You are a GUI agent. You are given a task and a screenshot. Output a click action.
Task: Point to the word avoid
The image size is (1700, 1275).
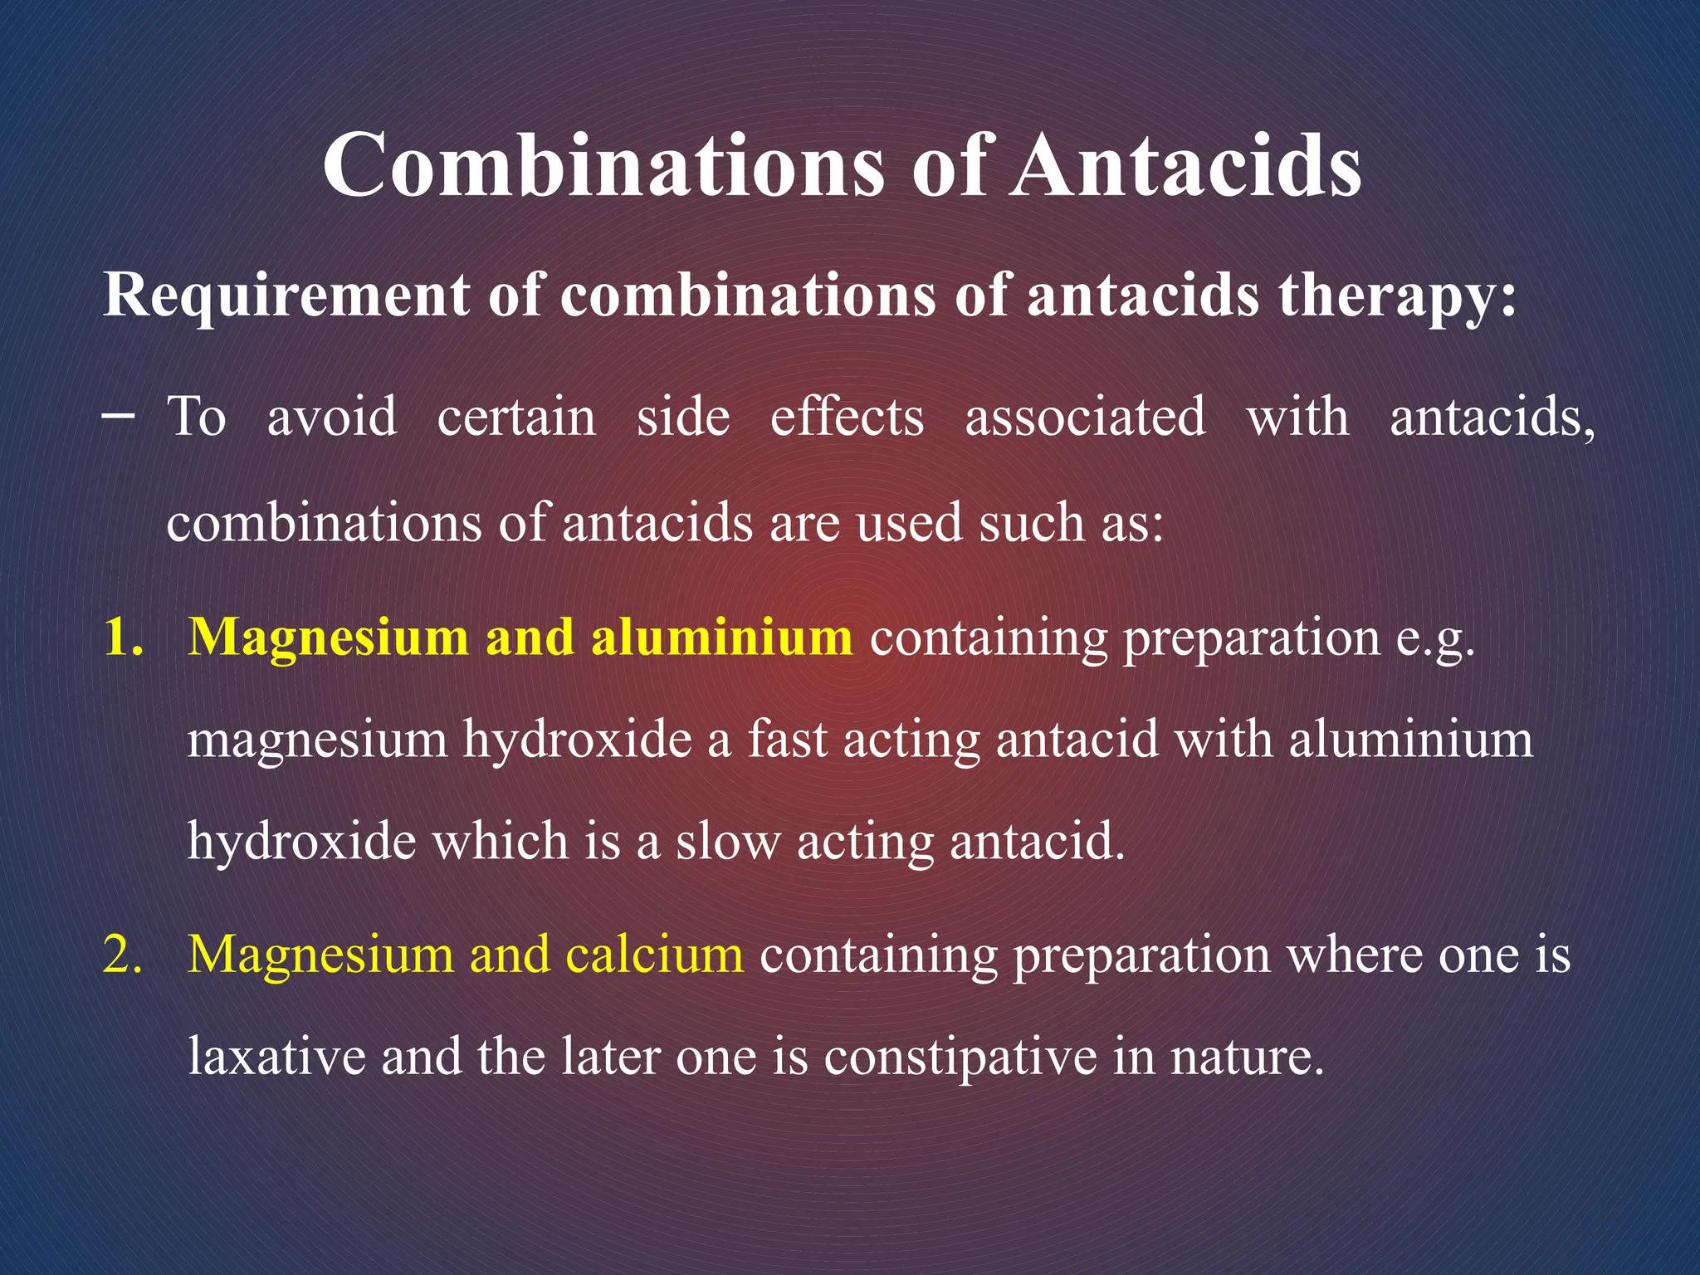[x=331, y=416]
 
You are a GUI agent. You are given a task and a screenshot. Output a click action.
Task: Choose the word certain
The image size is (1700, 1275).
[x=516, y=416]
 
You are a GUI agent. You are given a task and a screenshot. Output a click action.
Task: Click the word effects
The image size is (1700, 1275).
[x=847, y=416]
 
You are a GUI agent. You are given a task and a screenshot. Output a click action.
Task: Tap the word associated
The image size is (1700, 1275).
[x=1085, y=416]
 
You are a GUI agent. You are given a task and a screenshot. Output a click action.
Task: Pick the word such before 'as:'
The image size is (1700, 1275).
[x=1032, y=523]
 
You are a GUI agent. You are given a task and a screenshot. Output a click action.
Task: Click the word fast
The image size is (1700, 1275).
[x=788, y=739]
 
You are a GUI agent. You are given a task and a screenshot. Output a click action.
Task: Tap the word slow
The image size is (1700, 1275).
[x=728, y=841]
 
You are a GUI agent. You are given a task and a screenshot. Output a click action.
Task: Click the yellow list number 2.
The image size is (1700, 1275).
[x=123, y=955]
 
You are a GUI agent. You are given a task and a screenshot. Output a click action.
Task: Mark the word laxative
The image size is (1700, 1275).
[x=276, y=1057]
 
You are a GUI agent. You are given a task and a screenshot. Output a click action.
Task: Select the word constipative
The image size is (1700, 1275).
[x=960, y=1058]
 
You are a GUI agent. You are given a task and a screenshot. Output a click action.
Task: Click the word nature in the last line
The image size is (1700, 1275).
[x=1244, y=1057]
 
